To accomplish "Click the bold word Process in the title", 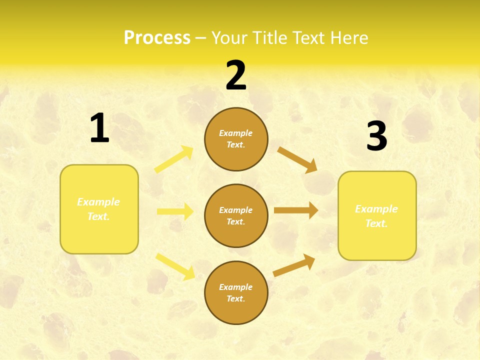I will point(157,37).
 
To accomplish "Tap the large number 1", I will point(99,128).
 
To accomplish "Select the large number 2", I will point(236,75).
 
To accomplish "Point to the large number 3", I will point(376,136).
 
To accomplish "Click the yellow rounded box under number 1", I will point(99,209).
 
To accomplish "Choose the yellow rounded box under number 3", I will point(377,215).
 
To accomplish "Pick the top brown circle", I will point(236,139).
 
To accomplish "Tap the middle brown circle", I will point(236,215).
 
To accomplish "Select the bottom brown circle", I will point(236,292).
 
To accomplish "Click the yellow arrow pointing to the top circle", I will point(174,159).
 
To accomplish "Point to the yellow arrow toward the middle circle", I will point(175,211).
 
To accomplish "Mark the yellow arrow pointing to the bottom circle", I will point(175,266).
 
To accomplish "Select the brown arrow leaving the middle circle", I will point(296,210).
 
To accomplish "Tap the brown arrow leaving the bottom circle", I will point(294,265).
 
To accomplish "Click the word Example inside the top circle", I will point(236,133).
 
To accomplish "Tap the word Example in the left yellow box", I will point(98,202).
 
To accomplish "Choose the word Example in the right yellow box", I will point(376,209).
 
